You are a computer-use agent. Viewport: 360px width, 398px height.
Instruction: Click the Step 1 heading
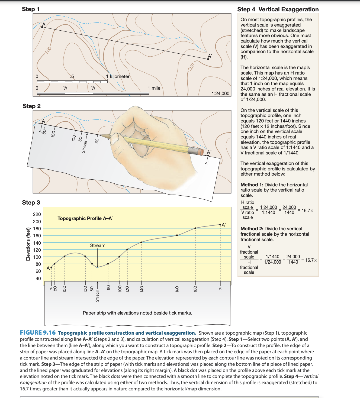[31, 9]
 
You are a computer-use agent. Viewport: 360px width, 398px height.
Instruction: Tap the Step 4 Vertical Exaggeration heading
[278, 9]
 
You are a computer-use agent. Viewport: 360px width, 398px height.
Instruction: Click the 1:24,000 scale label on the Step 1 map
[220, 93]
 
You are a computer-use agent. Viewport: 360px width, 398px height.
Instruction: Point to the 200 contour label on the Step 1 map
[191, 67]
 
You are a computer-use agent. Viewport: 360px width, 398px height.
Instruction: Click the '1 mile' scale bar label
[154, 88]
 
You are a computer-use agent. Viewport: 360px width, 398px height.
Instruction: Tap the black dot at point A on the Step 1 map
[42, 27]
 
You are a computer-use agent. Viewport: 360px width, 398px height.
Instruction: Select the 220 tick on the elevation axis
[37, 214]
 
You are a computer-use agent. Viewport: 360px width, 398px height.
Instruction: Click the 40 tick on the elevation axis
[38, 279]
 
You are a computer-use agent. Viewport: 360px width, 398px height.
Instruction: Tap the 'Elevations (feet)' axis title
[28, 247]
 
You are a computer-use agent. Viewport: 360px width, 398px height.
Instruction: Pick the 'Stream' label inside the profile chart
[98, 245]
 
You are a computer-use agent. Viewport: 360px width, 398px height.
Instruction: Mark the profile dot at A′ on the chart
[220, 225]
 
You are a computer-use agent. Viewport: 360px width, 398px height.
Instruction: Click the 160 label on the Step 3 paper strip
[177, 289]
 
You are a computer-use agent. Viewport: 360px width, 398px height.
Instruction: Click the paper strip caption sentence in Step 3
[137, 313]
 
